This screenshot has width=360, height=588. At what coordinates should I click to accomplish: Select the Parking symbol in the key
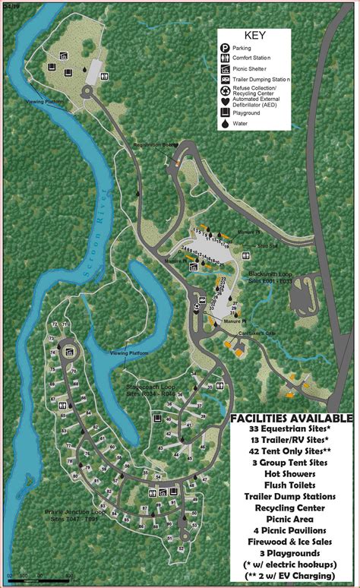pos(226,48)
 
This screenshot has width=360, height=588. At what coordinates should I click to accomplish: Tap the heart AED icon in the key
pos(226,104)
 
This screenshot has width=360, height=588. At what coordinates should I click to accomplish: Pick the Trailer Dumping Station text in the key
pos(263,79)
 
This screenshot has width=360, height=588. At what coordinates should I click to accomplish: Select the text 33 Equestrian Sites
pos(291,429)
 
